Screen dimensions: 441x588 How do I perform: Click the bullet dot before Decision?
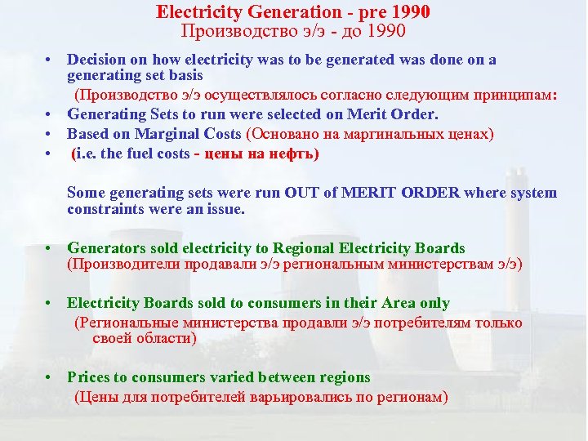point(51,60)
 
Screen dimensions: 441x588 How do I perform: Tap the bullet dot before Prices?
point(51,378)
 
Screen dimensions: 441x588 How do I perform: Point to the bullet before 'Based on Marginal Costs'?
point(51,134)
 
